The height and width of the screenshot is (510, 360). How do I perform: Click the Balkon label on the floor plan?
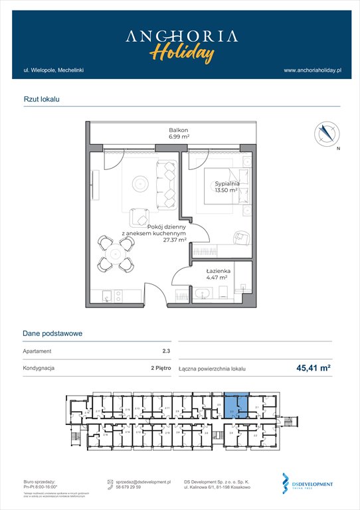(178, 130)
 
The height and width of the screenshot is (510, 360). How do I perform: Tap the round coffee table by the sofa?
(139, 181)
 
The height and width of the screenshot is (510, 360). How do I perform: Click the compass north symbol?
(325, 134)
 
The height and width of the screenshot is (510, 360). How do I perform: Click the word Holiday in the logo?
(181, 53)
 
